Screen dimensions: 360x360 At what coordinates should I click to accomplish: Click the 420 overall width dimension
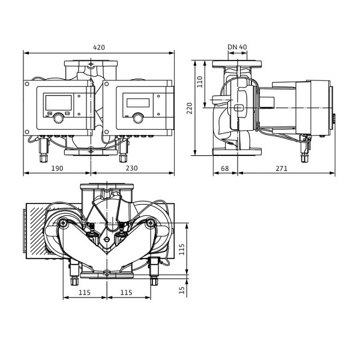(99, 47)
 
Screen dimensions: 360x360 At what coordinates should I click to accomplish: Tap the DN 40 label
(237, 47)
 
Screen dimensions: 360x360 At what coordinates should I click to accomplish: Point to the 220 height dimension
(190, 108)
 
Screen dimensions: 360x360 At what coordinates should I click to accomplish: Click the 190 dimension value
(57, 169)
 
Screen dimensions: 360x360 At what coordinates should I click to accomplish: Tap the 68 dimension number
(225, 169)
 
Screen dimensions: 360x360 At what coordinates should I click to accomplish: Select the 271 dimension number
(281, 169)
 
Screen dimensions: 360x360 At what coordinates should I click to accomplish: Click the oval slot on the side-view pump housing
(239, 108)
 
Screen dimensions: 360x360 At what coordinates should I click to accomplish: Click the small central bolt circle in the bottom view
(106, 239)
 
